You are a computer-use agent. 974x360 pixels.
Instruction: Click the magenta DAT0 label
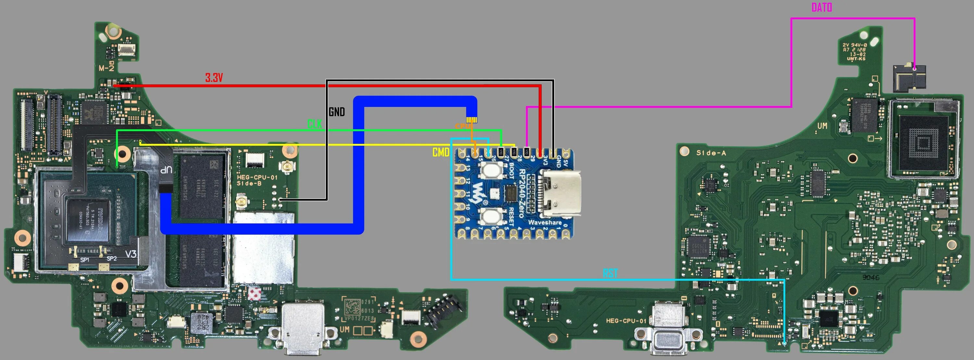[x=821, y=7]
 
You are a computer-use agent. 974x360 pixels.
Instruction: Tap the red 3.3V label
[x=214, y=78]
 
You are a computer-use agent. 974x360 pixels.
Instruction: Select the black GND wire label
[x=336, y=112]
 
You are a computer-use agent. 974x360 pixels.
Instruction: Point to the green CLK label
[x=314, y=124]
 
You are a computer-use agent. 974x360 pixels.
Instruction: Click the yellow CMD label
[x=441, y=152]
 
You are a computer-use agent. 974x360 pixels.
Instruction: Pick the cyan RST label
[x=610, y=273]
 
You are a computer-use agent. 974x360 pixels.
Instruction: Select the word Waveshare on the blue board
[x=544, y=222]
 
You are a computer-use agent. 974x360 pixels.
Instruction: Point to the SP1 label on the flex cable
[x=85, y=260]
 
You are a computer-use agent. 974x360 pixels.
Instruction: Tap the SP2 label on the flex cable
[x=112, y=259]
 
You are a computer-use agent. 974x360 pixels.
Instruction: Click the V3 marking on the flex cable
[x=131, y=254]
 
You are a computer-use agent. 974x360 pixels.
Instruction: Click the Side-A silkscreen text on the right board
[x=711, y=153]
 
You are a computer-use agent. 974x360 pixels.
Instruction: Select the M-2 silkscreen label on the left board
[x=106, y=68]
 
